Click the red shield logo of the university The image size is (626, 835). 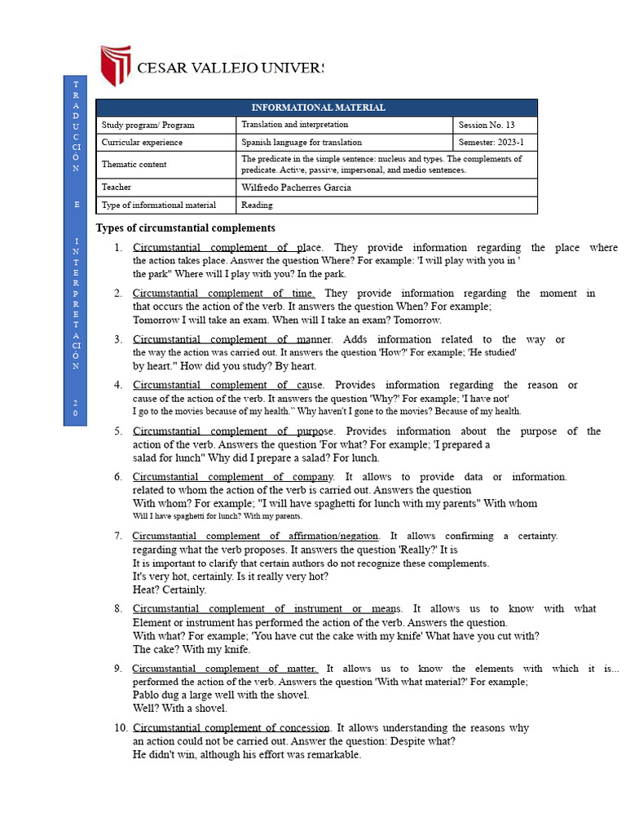click(x=115, y=66)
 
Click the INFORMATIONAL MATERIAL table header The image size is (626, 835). click(x=317, y=108)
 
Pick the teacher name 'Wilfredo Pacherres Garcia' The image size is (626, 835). click(x=297, y=188)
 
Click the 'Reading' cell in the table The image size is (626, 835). click(x=258, y=205)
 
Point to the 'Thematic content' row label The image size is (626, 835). click(x=134, y=164)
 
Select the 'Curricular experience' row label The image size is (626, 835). click(x=143, y=142)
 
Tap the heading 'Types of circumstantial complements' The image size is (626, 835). click(x=186, y=228)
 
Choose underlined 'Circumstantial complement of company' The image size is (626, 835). click(x=233, y=477)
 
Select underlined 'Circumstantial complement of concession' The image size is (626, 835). click(x=231, y=728)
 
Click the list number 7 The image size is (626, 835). click(x=118, y=537)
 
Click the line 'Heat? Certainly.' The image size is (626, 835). click(x=170, y=590)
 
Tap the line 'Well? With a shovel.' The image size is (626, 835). click(x=180, y=709)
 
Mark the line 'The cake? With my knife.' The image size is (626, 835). click(x=192, y=650)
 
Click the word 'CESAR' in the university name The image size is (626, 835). click(x=163, y=68)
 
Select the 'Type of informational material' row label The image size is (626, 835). click(x=159, y=205)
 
